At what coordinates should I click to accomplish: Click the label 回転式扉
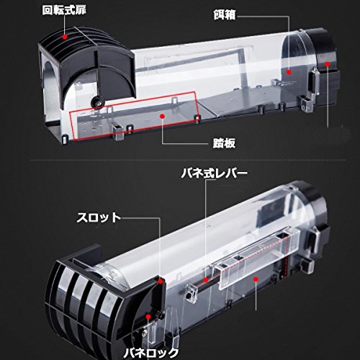(64, 10)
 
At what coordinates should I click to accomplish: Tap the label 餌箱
(225, 15)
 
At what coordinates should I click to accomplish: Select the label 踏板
(224, 143)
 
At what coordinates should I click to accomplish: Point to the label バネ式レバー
(215, 174)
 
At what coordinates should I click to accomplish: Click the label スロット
(99, 217)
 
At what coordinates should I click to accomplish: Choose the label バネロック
(151, 354)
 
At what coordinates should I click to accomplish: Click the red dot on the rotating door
(64, 37)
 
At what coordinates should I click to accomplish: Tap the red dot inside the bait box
(289, 72)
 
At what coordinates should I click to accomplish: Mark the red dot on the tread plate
(163, 116)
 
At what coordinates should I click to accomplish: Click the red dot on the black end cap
(328, 64)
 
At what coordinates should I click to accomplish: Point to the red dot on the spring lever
(206, 280)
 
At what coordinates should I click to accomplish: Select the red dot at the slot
(161, 282)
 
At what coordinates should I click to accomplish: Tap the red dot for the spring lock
(148, 317)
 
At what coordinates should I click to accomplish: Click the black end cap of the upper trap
(324, 65)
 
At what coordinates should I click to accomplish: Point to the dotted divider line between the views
(188, 160)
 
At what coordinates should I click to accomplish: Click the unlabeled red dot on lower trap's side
(256, 279)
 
